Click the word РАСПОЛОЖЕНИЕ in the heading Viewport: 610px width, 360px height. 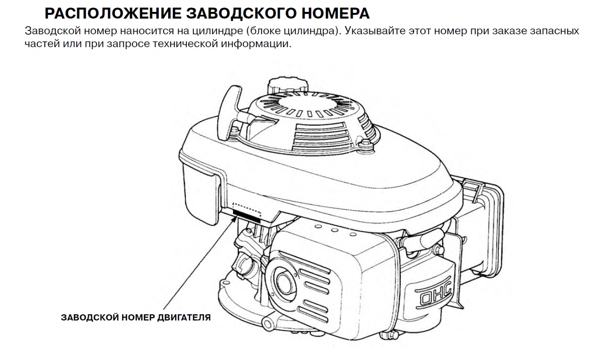tap(113, 13)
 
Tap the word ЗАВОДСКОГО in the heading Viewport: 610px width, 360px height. tap(241, 13)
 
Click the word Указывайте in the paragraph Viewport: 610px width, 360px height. tap(375, 31)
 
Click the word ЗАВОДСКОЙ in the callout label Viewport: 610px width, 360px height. tap(90, 318)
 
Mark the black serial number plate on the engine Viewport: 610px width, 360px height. tap(246, 216)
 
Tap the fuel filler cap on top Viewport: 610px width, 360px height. tap(288, 87)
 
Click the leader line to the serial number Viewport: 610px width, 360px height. tap(199, 262)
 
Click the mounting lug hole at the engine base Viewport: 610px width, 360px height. tap(268, 324)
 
